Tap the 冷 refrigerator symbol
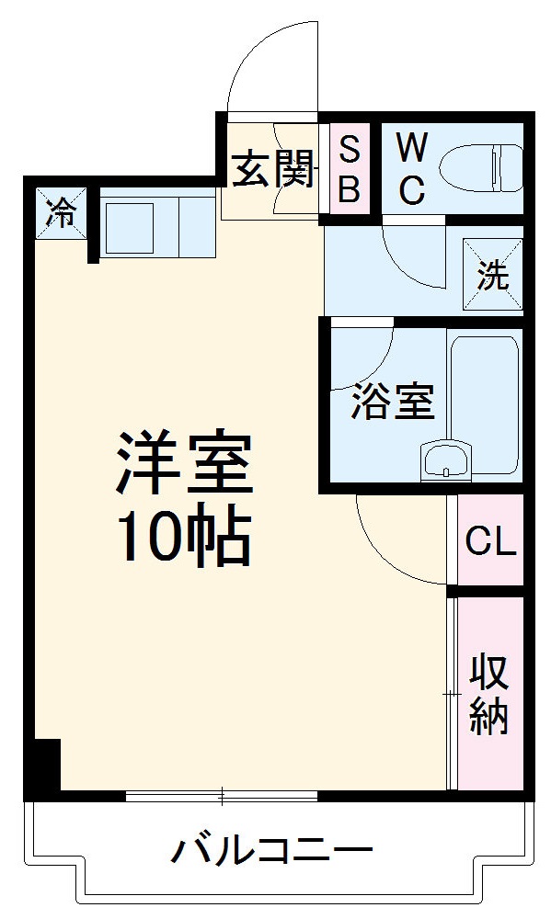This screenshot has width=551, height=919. coord(63,212)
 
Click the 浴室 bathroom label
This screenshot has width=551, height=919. coord(393,402)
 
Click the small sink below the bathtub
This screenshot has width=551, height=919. coord(445,459)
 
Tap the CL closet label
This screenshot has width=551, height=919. coord(490,542)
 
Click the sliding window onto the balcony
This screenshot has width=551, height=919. coord(222,796)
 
